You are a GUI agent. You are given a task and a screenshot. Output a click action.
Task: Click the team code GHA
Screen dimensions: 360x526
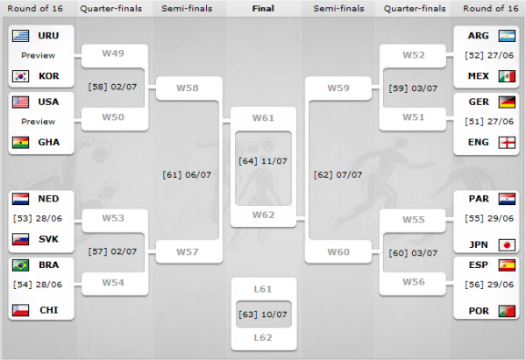(49, 143)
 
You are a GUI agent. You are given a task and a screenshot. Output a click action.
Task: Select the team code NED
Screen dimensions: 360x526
(49, 199)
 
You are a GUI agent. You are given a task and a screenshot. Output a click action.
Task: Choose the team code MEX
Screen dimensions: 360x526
(478, 76)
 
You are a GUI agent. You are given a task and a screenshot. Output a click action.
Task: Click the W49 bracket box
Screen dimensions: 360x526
(113, 53)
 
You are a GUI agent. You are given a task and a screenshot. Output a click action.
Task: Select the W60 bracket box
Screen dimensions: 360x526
(338, 252)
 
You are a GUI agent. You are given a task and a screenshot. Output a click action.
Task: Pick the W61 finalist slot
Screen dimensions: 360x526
(263, 117)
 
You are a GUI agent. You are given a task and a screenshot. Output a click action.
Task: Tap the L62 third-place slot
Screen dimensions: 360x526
(263, 336)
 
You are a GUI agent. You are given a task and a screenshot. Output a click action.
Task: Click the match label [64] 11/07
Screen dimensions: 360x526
(263, 160)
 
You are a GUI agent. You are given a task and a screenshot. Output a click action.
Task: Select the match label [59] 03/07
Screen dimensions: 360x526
(413, 88)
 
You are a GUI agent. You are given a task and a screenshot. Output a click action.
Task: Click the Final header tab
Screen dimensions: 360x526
(263, 10)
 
